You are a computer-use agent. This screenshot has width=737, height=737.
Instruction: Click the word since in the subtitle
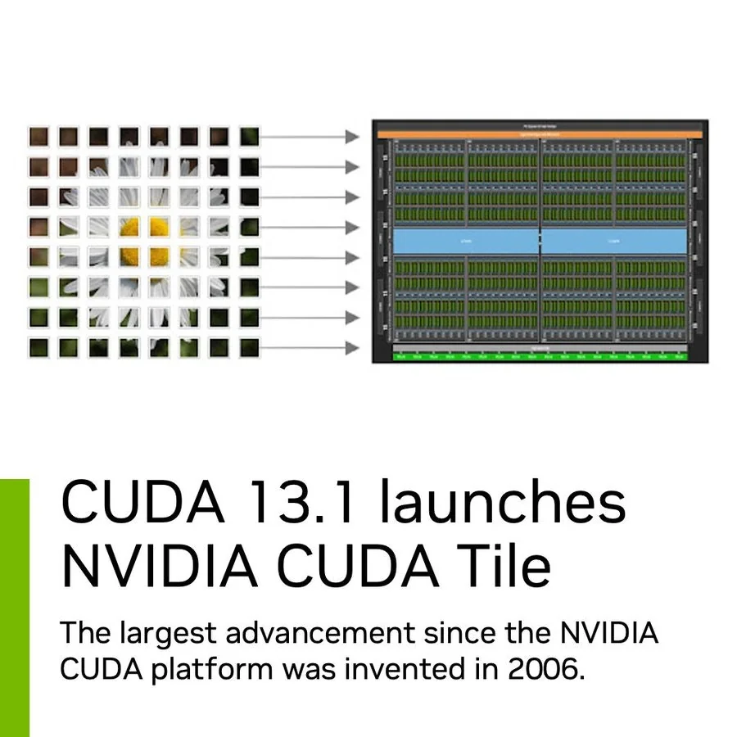point(458,633)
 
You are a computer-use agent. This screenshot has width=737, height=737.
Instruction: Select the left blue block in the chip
point(465,241)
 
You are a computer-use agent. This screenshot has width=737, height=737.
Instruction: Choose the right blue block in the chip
point(614,241)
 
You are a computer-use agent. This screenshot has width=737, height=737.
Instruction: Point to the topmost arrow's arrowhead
point(352,136)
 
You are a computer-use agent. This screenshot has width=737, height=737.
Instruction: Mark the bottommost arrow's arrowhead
point(352,348)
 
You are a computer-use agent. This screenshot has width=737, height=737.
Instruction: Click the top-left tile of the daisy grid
point(39,136)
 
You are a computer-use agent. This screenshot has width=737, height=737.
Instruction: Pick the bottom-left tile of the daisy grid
point(39,348)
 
